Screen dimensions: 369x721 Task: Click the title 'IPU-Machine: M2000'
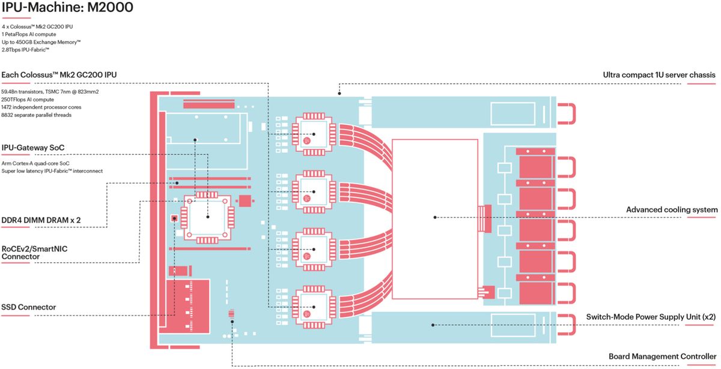click(67, 8)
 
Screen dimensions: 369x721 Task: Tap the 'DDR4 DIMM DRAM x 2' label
click(41, 221)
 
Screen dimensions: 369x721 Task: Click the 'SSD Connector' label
click(29, 307)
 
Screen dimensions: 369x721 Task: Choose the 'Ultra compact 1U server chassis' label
click(659, 75)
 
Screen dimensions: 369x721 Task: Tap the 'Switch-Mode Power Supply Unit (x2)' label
click(651, 316)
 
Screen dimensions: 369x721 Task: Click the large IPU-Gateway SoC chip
click(207, 217)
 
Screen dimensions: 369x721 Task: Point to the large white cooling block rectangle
click(434, 219)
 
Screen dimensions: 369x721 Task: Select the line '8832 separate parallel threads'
click(37, 115)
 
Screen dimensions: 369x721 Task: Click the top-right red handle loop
click(567, 113)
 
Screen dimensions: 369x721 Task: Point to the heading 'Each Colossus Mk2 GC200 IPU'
click(59, 75)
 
